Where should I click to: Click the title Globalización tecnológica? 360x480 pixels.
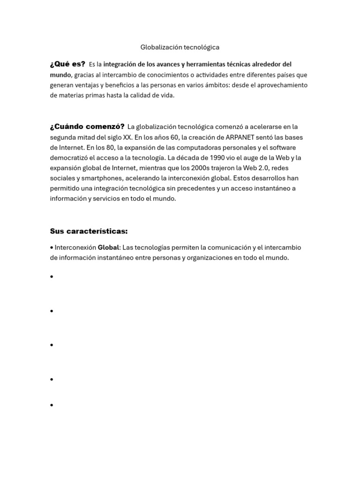coord(180,47)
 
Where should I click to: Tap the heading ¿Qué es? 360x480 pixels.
coord(67,64)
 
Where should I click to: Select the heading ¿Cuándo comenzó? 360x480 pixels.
coord(87,127)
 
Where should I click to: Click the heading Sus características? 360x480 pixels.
coord(89,231)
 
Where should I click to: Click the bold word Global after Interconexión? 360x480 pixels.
coord(108,247)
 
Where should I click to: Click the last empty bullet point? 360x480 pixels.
coord(52,405)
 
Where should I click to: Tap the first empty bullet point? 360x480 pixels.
coord(52,277)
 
